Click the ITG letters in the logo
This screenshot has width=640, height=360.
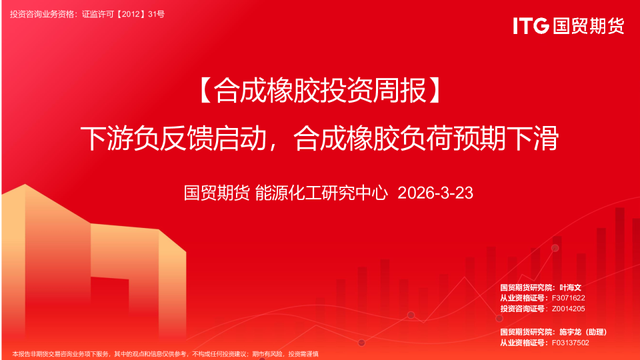pyautogui.click(x=531, y=25)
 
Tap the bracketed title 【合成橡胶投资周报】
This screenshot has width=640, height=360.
pyautogui.click(x=320, y=91)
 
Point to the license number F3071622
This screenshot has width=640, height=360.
pyautogui.click(x=569, y=298)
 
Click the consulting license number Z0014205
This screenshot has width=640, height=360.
pyautogui.click(x=569, y=309)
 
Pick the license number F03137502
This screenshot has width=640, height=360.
pyautogui.click(x=571, y=343)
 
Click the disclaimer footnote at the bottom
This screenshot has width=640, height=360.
pyautogui.click(x=165, y=354)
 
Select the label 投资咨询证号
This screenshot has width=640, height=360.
pyautogui.click(x=522, y=309)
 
